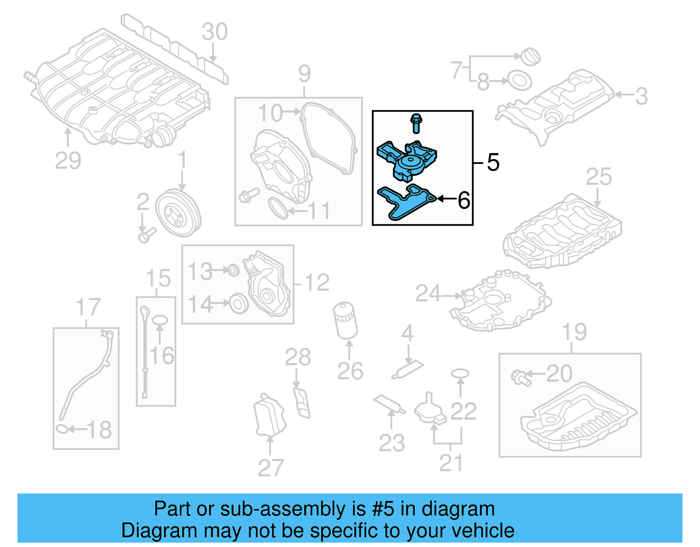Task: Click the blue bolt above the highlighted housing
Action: tap(416, 123)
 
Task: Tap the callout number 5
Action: tap(493, 162)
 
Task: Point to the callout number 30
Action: tap(214, 32)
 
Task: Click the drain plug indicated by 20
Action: tap(521, 378)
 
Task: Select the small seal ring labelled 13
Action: tap(234, 270)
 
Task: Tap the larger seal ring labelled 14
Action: tap(239, 303)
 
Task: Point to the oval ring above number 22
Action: tap(460, 374)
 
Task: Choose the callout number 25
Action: tap(598, 177)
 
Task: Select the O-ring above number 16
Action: tap(160, 320)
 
